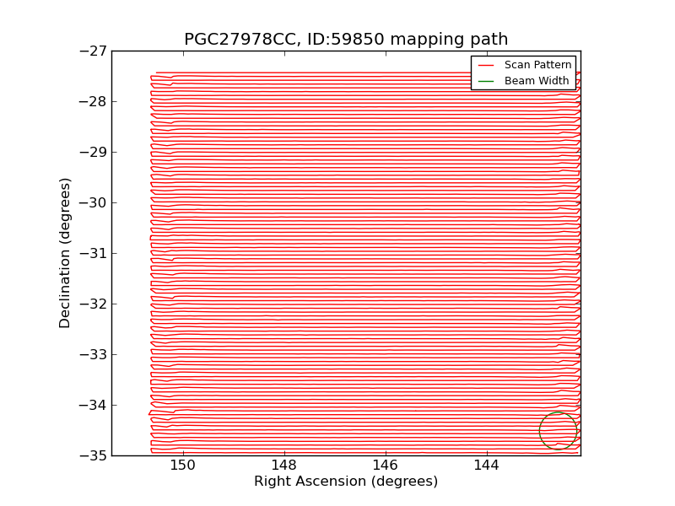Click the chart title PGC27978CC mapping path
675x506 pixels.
346,40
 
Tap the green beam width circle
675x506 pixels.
558,431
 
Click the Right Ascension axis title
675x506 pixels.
346,482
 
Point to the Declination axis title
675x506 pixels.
66,253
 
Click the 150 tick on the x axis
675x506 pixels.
182,466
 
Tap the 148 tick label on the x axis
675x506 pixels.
283,466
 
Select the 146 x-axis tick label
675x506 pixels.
385,466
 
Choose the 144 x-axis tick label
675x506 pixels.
486,466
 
